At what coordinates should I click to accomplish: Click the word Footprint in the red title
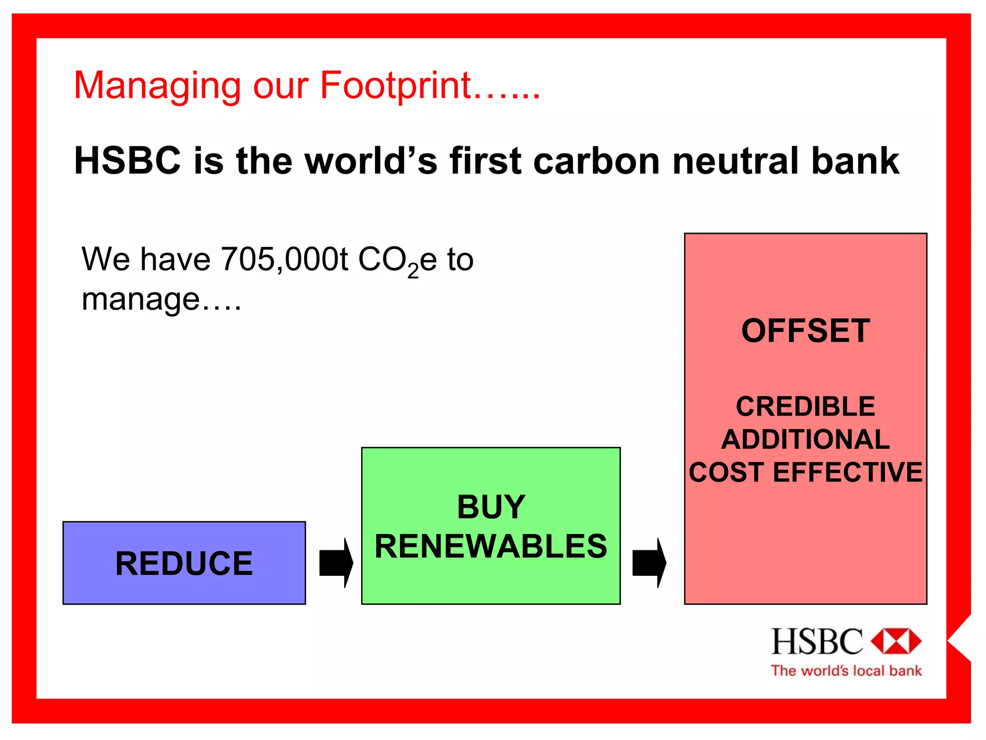point(395,85)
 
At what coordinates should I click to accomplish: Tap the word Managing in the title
point(156,86)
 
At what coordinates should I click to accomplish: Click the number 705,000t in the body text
point(284,260)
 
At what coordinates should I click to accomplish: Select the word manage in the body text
point(140,299)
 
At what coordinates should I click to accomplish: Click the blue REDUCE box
point(184,563)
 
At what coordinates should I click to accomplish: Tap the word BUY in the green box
point(491,507)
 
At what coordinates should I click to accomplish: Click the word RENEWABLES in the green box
point(491,546)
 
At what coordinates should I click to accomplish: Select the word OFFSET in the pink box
point(805,331)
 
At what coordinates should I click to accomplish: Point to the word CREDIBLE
point(805,406)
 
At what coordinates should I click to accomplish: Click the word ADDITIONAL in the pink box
point(805,439)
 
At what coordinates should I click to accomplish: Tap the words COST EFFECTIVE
point(805,472)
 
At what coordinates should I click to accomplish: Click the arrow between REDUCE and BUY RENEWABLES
point(336,562)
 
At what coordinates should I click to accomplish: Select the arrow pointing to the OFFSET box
point(649,562)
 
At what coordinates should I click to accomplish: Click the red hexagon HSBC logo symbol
point(896,641)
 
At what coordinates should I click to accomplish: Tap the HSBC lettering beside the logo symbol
point(817,641)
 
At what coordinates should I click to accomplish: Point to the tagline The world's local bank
point(846,671)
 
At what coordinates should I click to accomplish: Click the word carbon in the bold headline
point(597,161)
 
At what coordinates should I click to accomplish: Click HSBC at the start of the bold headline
point(128,161)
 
